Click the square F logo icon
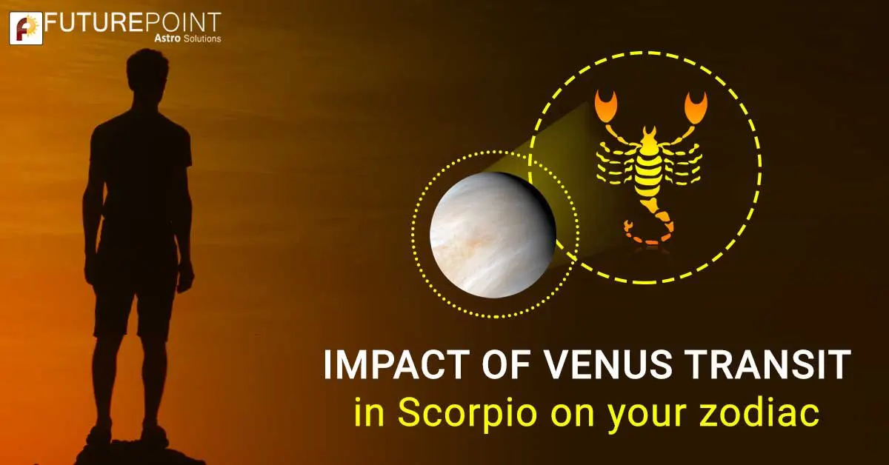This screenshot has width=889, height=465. point(24,27)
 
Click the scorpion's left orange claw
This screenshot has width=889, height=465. point(607,106)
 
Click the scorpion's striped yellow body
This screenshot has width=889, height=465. point(649,170)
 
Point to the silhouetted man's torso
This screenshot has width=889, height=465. point(141,178)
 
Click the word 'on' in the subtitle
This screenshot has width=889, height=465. point(561,413)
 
